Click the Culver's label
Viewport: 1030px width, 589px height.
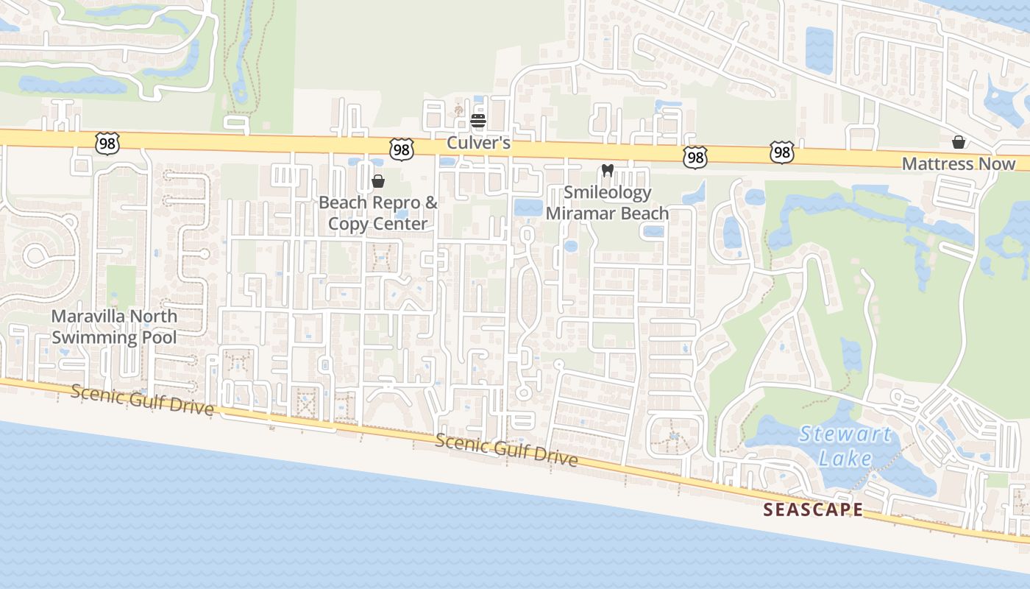tap(478, 143)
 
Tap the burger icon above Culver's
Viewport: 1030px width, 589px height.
tap(478, 120)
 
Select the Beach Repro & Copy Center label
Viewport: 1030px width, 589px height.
tap(378, 213)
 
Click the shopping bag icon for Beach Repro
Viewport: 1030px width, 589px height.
tap(378, 181)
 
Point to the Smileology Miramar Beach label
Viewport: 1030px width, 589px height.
tap(608, 203)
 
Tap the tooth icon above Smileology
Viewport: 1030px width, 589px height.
tap(608, 171)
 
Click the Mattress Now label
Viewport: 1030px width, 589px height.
tap(959, 164)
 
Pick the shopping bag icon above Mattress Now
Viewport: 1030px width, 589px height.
tap(959, 142)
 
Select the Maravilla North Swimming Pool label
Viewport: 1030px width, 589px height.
tap(114, 327)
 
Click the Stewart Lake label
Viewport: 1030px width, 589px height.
tap(845, 446)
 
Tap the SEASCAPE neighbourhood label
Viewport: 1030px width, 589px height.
tap(812, 509)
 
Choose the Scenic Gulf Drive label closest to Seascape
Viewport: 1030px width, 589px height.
tap(506, 449)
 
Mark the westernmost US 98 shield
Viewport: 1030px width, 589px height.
tap(107, 143)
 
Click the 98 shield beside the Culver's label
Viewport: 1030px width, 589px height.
tap(402, 149)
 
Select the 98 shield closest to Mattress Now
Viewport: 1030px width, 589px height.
tap(782, 152)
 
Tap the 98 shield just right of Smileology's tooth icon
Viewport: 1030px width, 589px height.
tap(695, 156)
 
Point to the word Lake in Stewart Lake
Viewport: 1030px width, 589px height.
tap(845, 459)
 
